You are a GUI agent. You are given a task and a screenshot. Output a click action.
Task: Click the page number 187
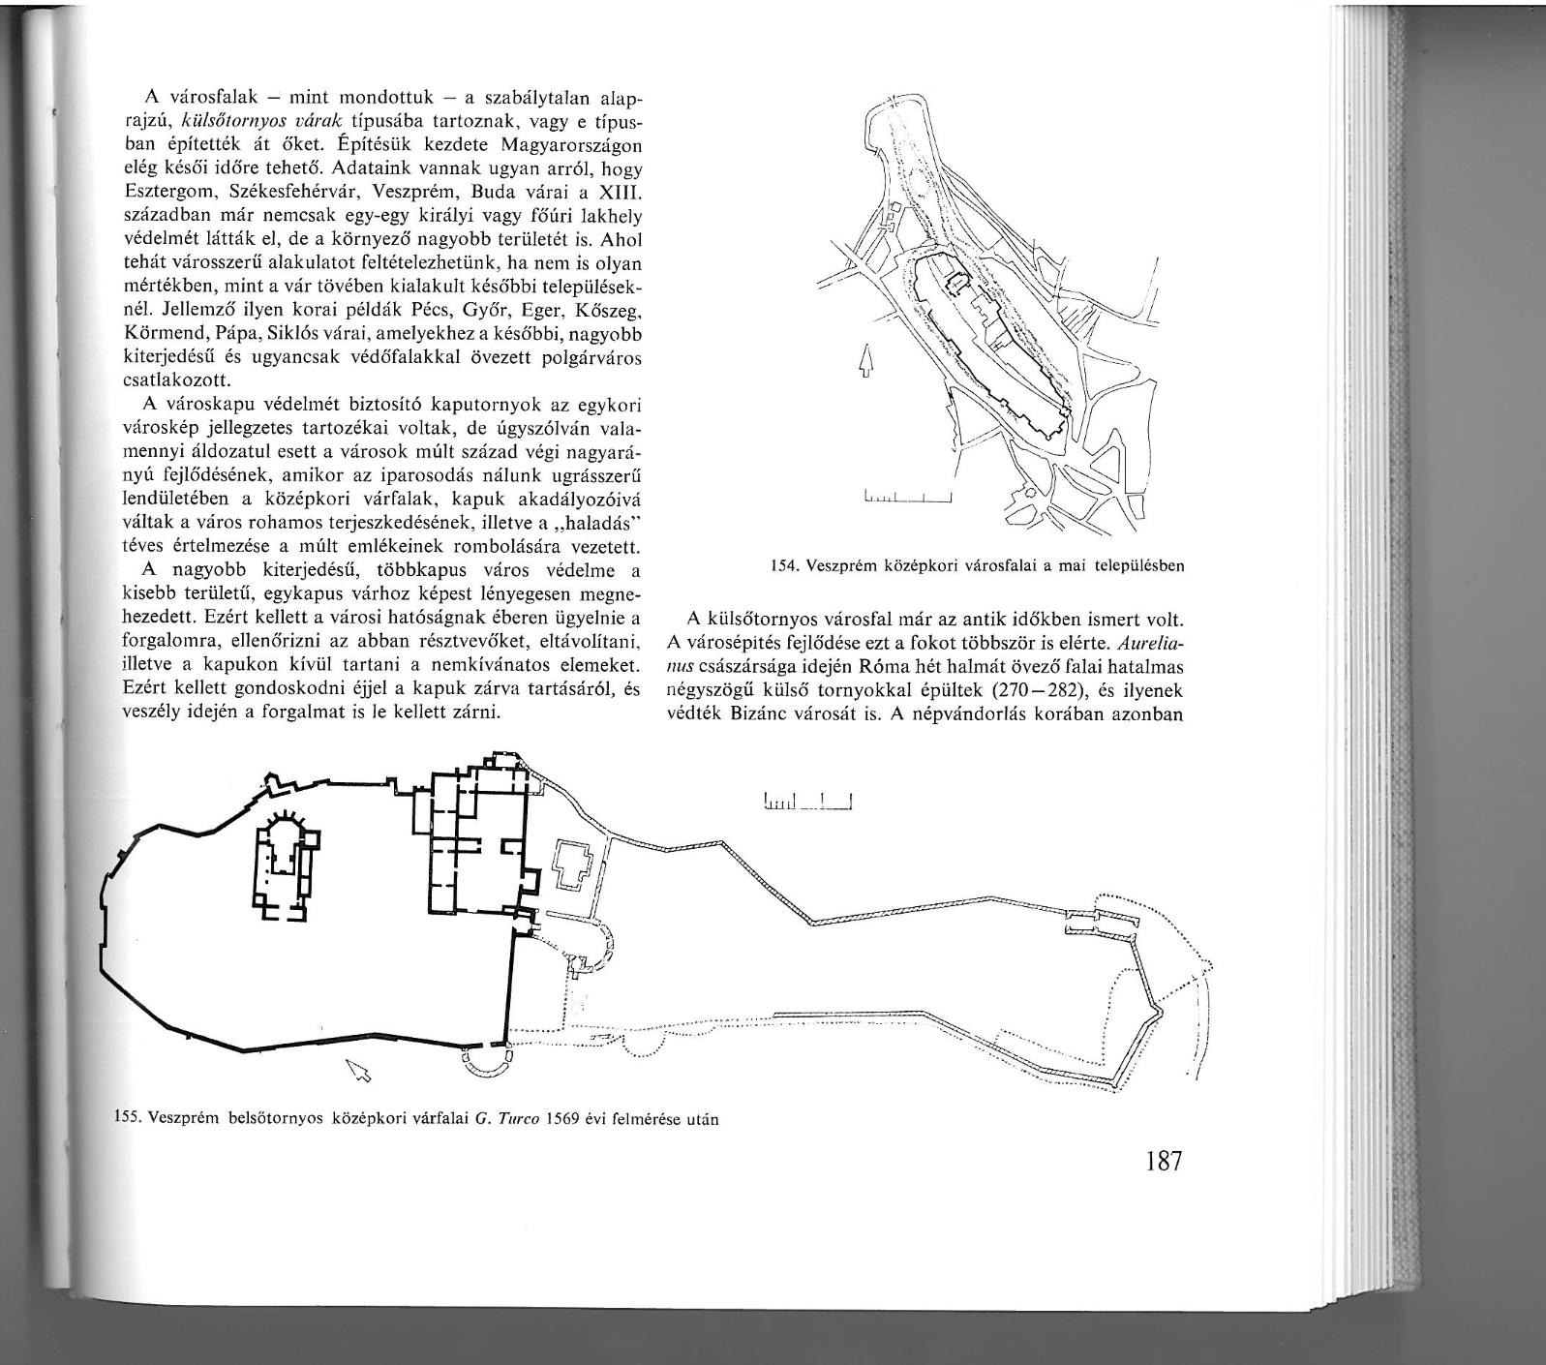[1163, 1160]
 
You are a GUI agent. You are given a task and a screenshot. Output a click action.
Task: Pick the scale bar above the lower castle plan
[806, 801]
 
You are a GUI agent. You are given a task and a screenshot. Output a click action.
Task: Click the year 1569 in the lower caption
[561, 1122]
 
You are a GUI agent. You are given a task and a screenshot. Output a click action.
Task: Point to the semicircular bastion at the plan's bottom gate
[487, 1063]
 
